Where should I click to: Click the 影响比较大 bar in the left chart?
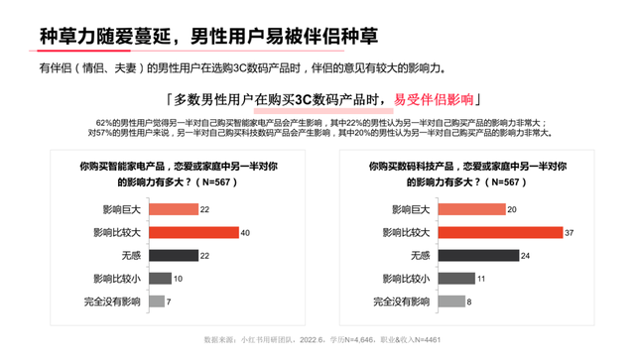click(x=193, y=233)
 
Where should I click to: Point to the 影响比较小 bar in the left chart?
click(x=159, y=279)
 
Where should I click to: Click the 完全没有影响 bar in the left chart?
click(x=156, y=301)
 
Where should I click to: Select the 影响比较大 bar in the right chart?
click(x=478, y=233)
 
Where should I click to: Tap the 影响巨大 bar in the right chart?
click(x=457, y=210)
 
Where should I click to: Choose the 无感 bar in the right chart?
click(x=462, y=256)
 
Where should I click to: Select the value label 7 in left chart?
click(x=170, y=301)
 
